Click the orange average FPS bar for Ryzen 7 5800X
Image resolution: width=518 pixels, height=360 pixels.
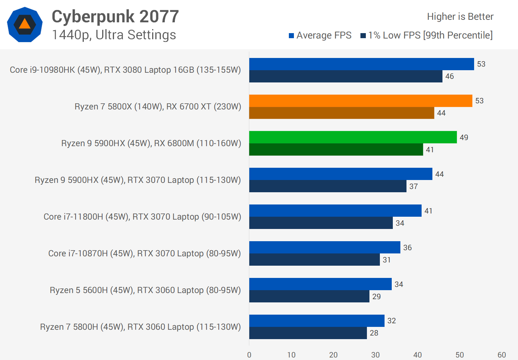click(360, 101)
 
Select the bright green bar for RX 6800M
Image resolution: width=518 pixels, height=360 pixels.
click(353, 137)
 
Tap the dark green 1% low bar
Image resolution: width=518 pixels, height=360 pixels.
click(336, 149)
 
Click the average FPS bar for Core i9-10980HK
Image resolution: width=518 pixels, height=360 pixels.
click(362, 64)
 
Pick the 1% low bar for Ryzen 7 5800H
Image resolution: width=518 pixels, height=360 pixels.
click(308, 333)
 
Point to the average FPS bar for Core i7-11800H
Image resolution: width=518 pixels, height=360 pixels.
click(335, 211)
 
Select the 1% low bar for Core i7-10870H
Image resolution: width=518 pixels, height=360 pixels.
click(314, 260)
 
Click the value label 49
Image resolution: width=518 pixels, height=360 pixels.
click(464, 138)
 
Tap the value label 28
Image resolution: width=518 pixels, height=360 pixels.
click(374, 333)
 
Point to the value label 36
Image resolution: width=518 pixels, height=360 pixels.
click(408, 248)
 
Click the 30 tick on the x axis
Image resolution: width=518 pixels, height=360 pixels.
click(376, 355)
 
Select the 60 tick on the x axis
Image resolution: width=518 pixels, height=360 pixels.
click(501, 355)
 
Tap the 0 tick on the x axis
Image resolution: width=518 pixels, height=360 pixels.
click(249, 355)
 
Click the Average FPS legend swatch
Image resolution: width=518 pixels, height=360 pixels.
click(291, 36)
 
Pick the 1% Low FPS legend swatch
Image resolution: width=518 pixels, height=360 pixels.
click(363, 36)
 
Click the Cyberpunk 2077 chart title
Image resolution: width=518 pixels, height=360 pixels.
click(115, 17)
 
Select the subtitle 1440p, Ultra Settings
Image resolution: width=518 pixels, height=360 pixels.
click(114, 35)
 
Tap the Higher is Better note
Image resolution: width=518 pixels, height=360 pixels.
click(460, 17)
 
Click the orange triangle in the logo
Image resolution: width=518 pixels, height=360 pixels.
click(24, 24)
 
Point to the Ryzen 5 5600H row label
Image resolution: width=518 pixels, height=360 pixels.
click(145, 290)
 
